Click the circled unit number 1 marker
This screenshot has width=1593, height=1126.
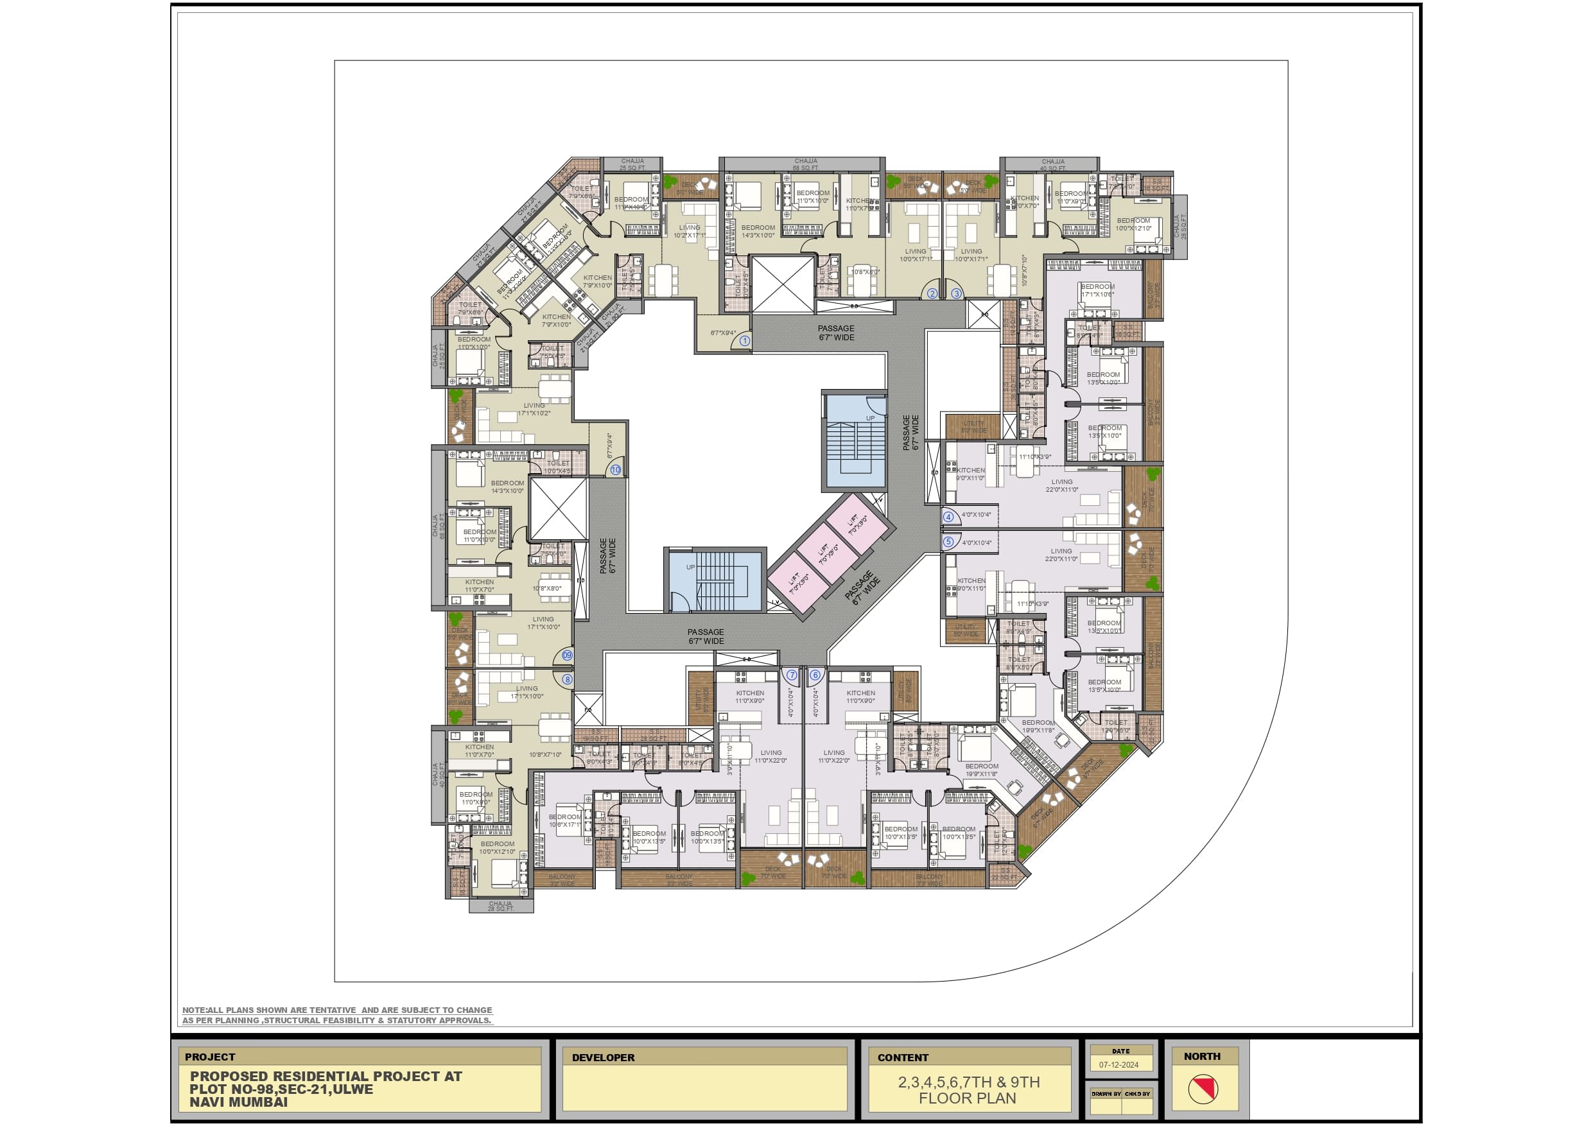pos(744,341)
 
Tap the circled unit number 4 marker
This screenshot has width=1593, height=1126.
pos(948,516)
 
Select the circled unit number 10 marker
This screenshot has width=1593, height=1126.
pos(615,470)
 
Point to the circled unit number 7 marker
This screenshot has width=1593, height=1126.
pos(792,674)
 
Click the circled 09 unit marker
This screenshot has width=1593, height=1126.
pos(568,655)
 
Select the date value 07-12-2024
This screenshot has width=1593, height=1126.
pos(1119,1064)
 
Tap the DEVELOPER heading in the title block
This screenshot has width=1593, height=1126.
pos(603,1057)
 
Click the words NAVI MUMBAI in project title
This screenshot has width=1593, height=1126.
pos(238,1102)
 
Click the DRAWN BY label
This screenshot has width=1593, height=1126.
pos(1106,1093)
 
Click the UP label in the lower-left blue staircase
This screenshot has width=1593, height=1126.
pos(690,567)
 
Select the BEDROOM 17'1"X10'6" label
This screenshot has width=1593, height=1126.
pos(1097,290)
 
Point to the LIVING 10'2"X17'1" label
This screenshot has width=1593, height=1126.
pos(690,231)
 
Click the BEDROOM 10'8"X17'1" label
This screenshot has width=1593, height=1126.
pos(565,820)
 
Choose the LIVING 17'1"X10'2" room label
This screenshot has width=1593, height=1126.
pos(534,410)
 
